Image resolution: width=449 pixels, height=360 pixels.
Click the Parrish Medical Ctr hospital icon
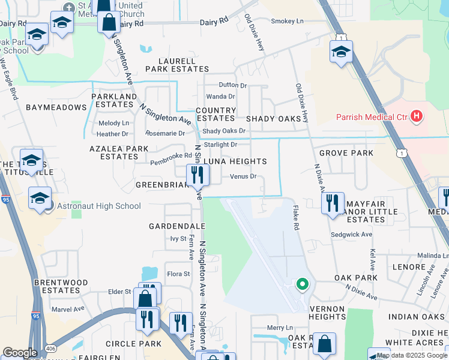(x=417, y=117)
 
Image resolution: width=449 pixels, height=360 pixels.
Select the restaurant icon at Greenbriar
(x=197, y=175)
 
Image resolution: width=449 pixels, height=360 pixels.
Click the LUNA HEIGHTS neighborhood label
(x=235, y=161)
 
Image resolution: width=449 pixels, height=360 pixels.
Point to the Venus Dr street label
(x=243, y=176)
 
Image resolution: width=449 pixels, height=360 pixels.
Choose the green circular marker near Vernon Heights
(x=303, y=284)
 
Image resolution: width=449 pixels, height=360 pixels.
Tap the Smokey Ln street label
(x=288, y=21)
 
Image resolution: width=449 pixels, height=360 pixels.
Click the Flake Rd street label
(x=295, y=219)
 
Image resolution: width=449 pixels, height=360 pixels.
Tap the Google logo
(x=20, y=353)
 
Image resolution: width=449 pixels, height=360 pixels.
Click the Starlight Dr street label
(x=220, y=145)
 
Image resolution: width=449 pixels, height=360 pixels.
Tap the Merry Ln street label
(x=279, y=328)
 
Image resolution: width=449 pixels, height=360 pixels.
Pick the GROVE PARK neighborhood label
(x=346, y=153)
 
